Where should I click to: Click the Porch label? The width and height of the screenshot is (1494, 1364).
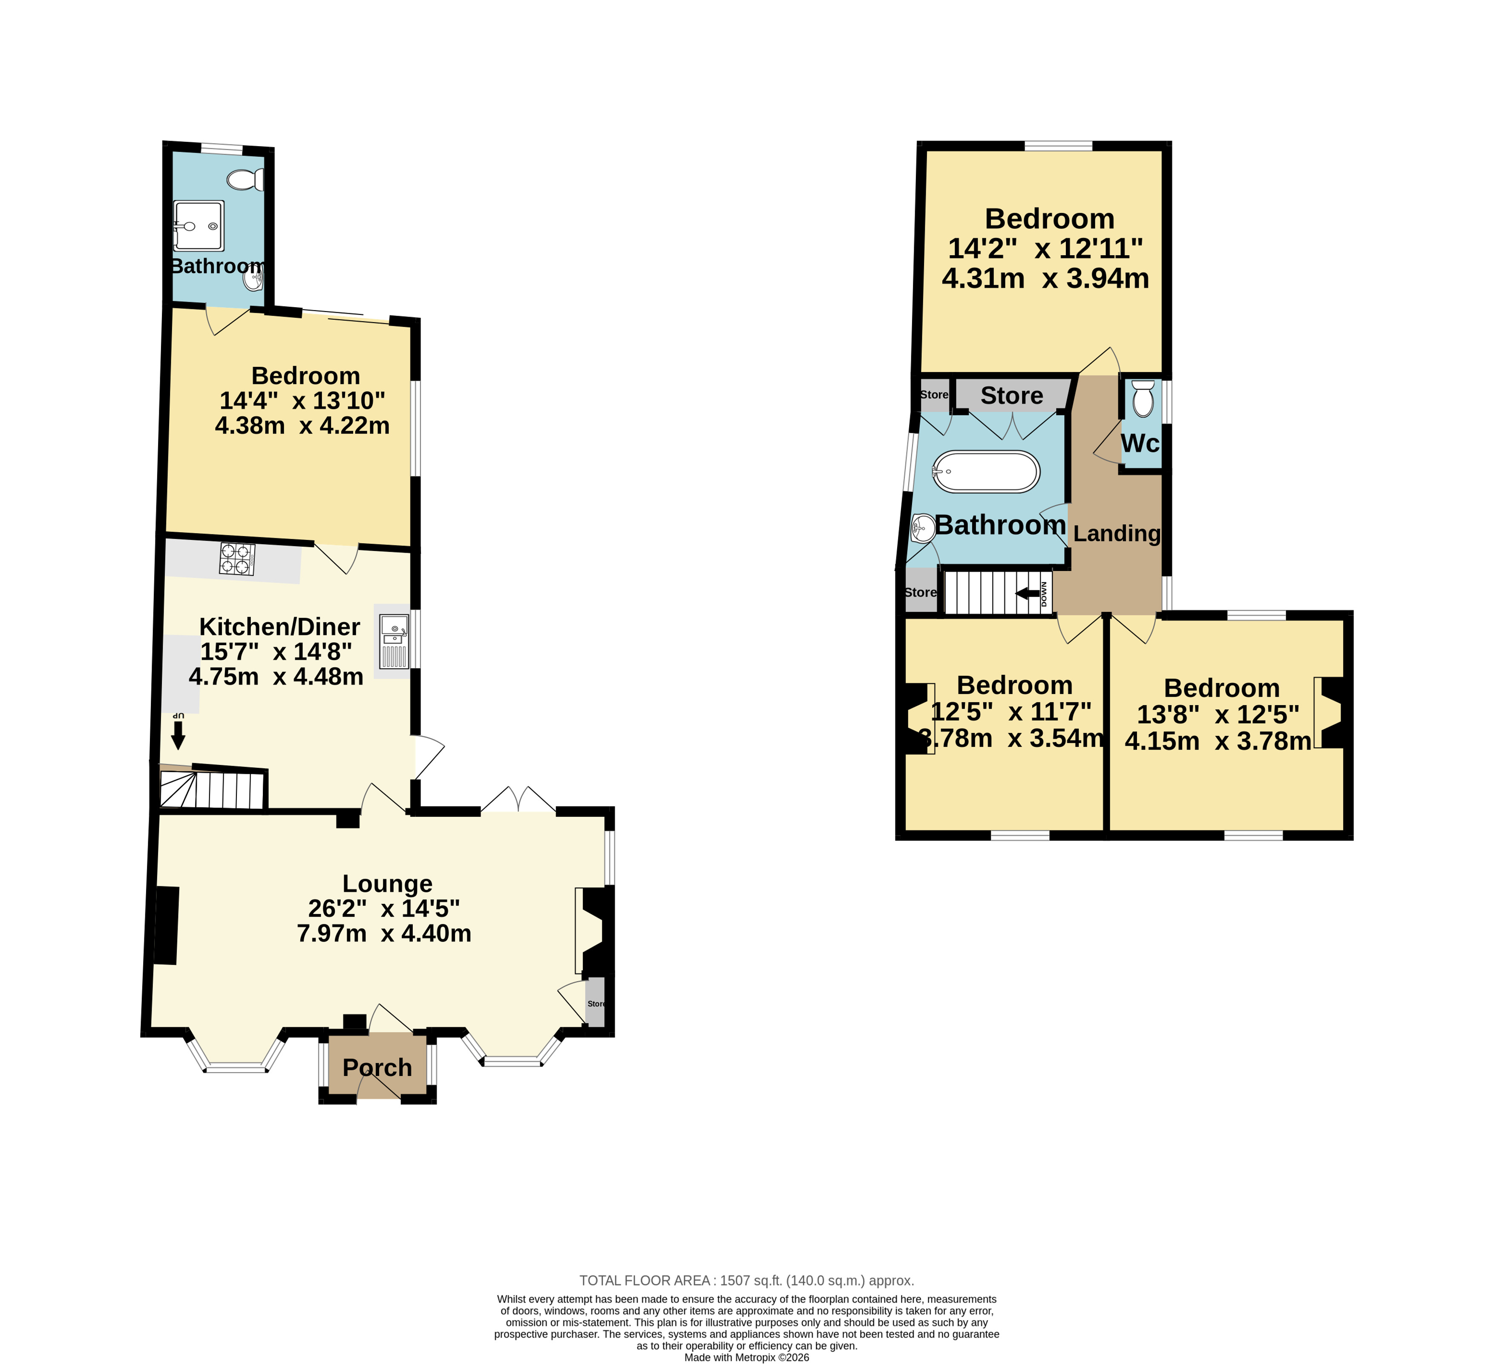point(377,1067)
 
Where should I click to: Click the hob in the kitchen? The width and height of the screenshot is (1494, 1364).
point(237,559)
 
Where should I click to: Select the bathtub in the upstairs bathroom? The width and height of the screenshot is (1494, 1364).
point(986,471)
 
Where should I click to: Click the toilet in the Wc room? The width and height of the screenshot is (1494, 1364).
point(1143,399)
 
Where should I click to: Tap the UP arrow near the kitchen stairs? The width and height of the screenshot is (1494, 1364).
point(178,736)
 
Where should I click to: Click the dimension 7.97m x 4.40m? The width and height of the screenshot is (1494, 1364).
point(384,933)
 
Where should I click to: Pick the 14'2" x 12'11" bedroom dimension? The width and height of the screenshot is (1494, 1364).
point(1046,248)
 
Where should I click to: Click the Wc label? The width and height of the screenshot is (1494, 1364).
point(1140,443)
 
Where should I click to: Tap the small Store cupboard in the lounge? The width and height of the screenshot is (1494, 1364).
point(595,1003)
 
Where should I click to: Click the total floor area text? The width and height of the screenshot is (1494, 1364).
point(746,1280)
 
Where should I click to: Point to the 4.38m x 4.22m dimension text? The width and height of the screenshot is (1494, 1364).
point(302,426)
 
